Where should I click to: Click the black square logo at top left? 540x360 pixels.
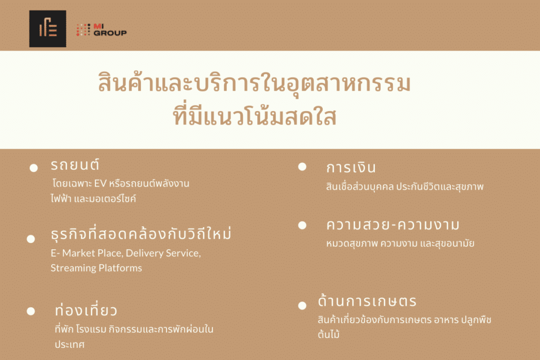[47, 28]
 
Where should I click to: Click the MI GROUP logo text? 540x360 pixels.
[110, 30]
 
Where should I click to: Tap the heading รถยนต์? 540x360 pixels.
[75, 164]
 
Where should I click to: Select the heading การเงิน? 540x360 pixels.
[351, 167]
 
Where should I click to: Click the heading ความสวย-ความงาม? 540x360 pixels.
[393, 225]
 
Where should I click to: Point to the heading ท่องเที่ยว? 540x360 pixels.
[86, 309]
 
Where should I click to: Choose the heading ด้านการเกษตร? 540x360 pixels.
[367, 300]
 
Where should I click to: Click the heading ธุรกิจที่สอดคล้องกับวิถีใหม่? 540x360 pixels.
[141, 233]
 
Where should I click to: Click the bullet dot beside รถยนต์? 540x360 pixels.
[33, 168]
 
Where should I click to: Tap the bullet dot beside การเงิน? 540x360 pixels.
[302, 167]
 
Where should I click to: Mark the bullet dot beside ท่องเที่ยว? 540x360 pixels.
[31, 311]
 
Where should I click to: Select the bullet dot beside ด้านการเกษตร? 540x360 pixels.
[302, 305]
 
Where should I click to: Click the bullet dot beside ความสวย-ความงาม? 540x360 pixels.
[302, 225]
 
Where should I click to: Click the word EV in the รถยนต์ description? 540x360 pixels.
[100, 183]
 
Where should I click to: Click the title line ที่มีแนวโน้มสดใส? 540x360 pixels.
[255, 116]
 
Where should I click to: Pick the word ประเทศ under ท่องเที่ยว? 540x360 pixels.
[70, 344]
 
